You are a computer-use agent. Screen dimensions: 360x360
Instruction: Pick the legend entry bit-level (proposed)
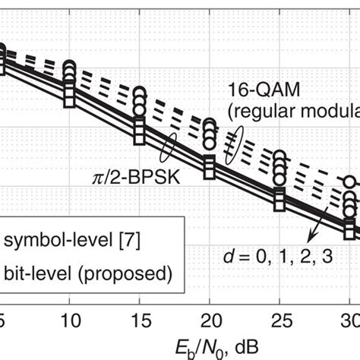pos(87,271)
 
